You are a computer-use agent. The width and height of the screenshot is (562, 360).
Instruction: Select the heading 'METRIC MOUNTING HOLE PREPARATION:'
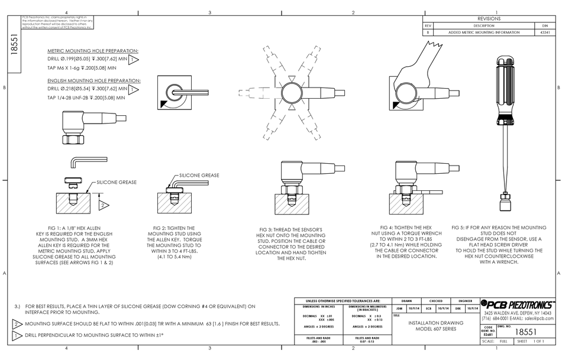pos(93,51)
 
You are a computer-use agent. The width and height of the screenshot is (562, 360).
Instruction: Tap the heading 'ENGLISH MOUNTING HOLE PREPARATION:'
pos(93,80)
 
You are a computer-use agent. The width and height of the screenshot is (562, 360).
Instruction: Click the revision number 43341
pos(545,33)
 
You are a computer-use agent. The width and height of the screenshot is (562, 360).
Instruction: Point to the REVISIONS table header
pos(489,19)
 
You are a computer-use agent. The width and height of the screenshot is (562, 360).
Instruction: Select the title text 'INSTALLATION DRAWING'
pos(432,323)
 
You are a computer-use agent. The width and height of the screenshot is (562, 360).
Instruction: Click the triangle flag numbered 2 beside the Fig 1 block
pos(102,205)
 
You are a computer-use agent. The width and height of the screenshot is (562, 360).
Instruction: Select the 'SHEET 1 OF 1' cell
pos(530,342)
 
